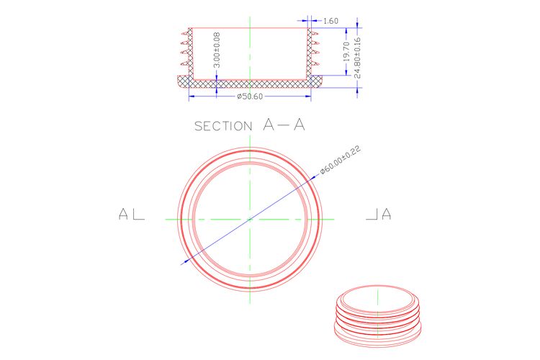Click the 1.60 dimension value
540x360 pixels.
tap(330, 21)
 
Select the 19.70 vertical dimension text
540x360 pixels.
tap(347, 52)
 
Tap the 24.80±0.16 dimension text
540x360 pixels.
tap(357, 57)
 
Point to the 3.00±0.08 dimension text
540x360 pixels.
tap(217, 50)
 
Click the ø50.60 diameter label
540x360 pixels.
tap(250, 96)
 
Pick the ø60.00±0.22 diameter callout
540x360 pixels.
tap(341, 160)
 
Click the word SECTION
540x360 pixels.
tap(223, 126)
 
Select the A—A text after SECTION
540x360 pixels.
tap(284, 125)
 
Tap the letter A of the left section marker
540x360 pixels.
tap(123, 214)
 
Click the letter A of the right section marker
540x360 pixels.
tap(387, 214)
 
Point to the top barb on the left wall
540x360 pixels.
tap(184, 34)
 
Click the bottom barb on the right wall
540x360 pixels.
tap(315, 63)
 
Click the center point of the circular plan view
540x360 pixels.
tap(250, 219)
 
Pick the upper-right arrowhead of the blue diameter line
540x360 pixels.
tap(313, 178)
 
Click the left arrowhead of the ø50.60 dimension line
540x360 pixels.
tap(192, 96)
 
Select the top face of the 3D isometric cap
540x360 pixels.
tap(378, 298)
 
